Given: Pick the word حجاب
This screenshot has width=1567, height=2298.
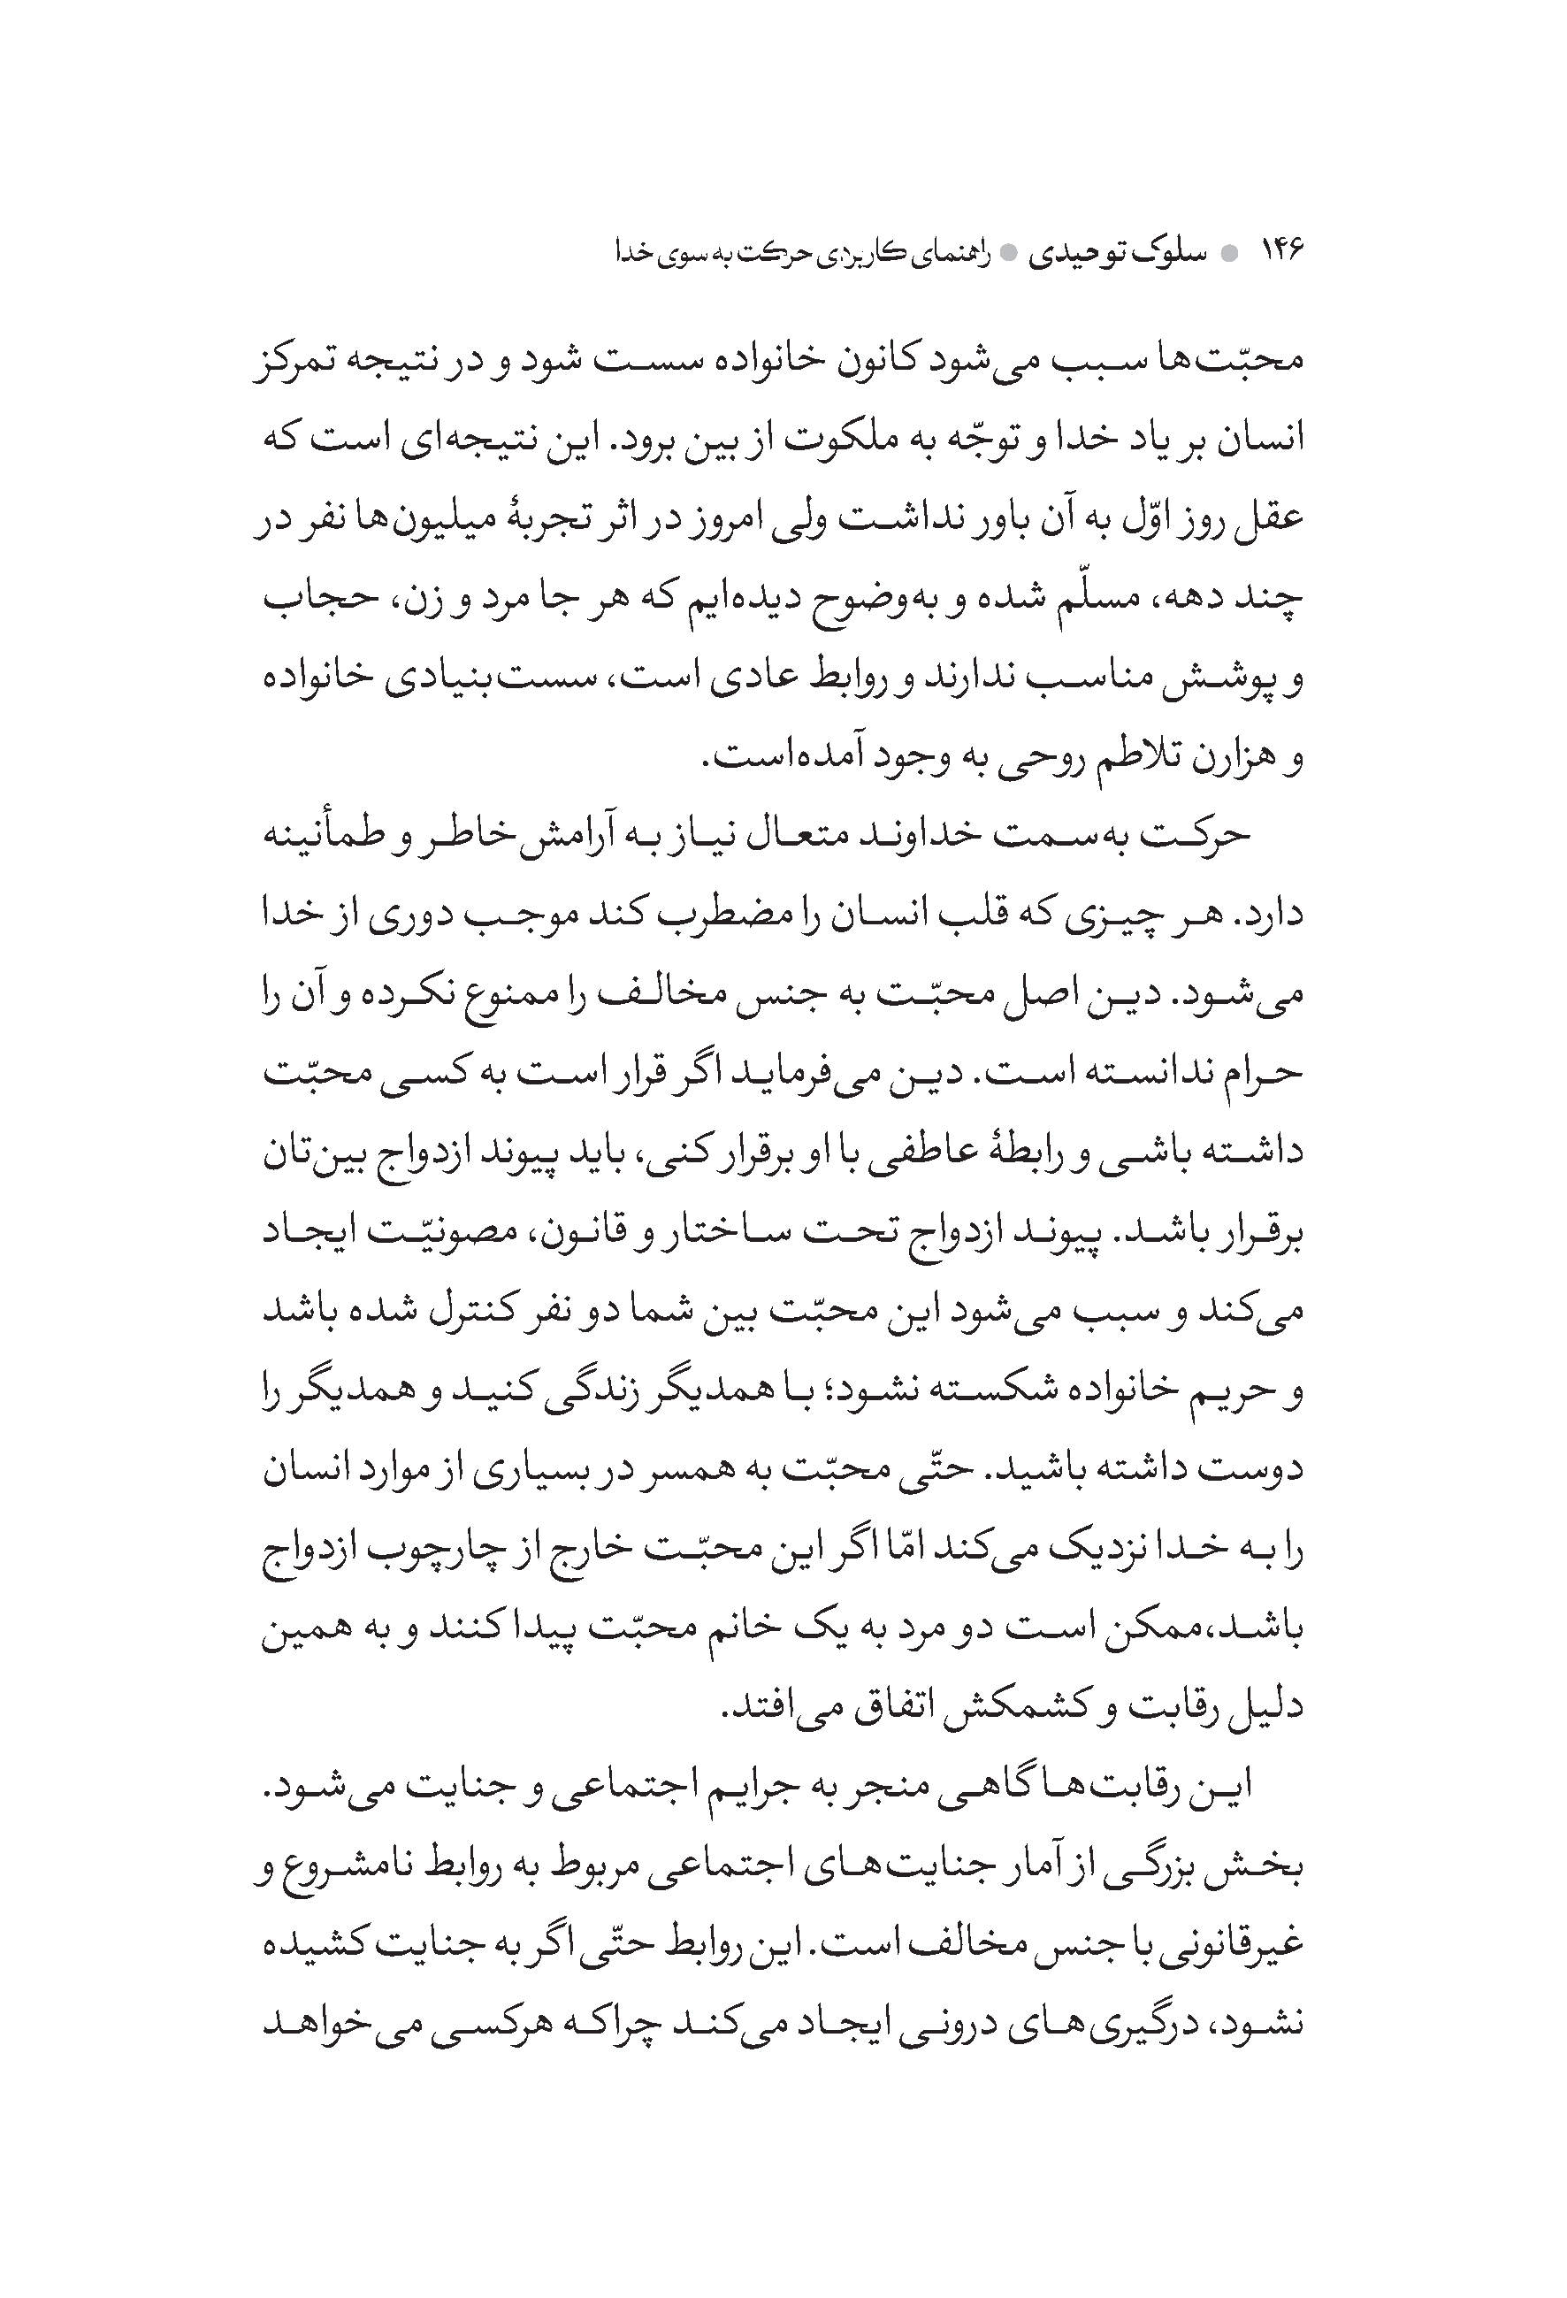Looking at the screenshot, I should coord(312,598).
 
